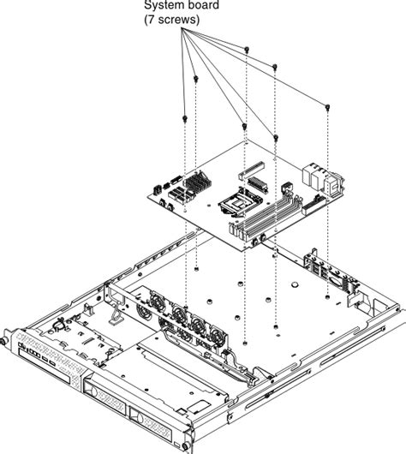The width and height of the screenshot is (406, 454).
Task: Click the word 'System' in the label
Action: tap(161, 4)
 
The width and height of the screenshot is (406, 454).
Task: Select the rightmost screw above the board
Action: tap(329, 105)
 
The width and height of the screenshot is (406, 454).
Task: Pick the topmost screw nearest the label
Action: tap(247, 49)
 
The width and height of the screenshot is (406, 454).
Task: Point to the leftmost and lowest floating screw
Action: tap(185, 114)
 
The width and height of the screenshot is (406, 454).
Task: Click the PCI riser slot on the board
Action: tap(254, 175)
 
